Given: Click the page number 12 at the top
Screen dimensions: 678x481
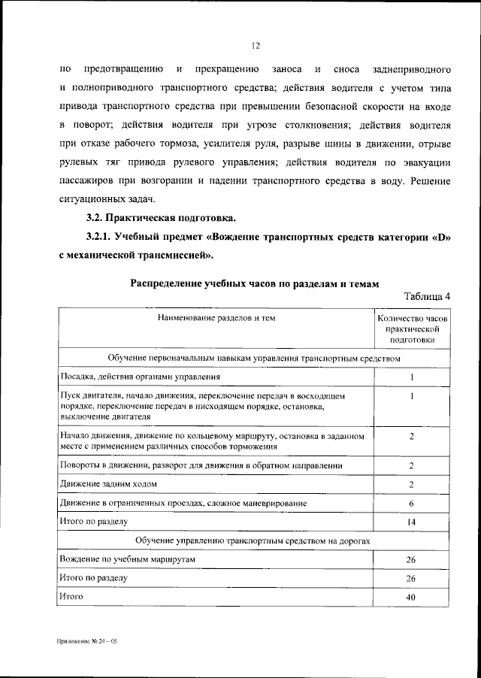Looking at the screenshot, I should [x=256, y=46].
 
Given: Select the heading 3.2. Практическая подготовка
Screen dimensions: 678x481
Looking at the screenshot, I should [x=161, y=219].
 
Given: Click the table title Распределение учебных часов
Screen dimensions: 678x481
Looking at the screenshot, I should [x=255, y=283].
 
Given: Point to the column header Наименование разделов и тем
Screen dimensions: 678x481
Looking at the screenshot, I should [x=216, y=318].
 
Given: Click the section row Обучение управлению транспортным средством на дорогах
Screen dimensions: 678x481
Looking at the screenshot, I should [x=254, y=540].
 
